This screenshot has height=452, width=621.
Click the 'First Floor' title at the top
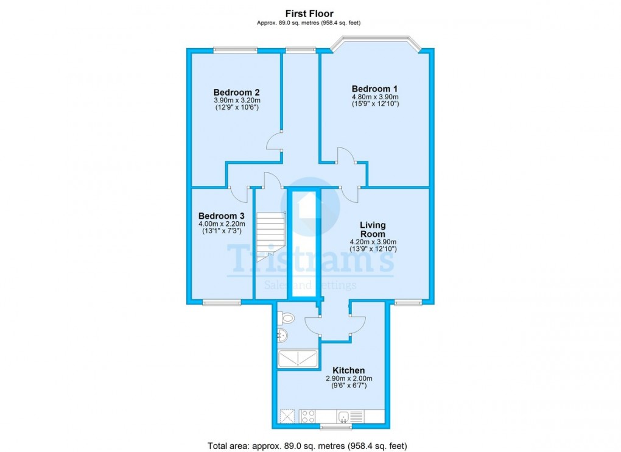310,13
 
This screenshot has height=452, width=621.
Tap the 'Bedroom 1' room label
374,88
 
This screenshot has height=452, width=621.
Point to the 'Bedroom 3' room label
222,216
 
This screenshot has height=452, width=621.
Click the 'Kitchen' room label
348,370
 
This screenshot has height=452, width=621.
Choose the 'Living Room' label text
372,230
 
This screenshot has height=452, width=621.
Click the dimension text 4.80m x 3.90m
374,96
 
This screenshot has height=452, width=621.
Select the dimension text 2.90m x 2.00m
348,378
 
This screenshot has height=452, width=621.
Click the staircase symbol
270,235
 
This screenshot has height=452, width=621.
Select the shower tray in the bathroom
298,359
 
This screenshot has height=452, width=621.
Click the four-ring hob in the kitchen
307,417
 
